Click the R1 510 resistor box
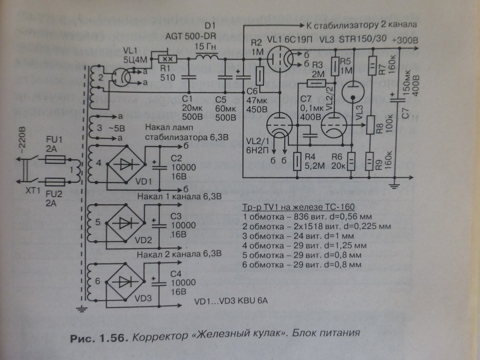166,59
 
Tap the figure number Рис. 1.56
99,338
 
